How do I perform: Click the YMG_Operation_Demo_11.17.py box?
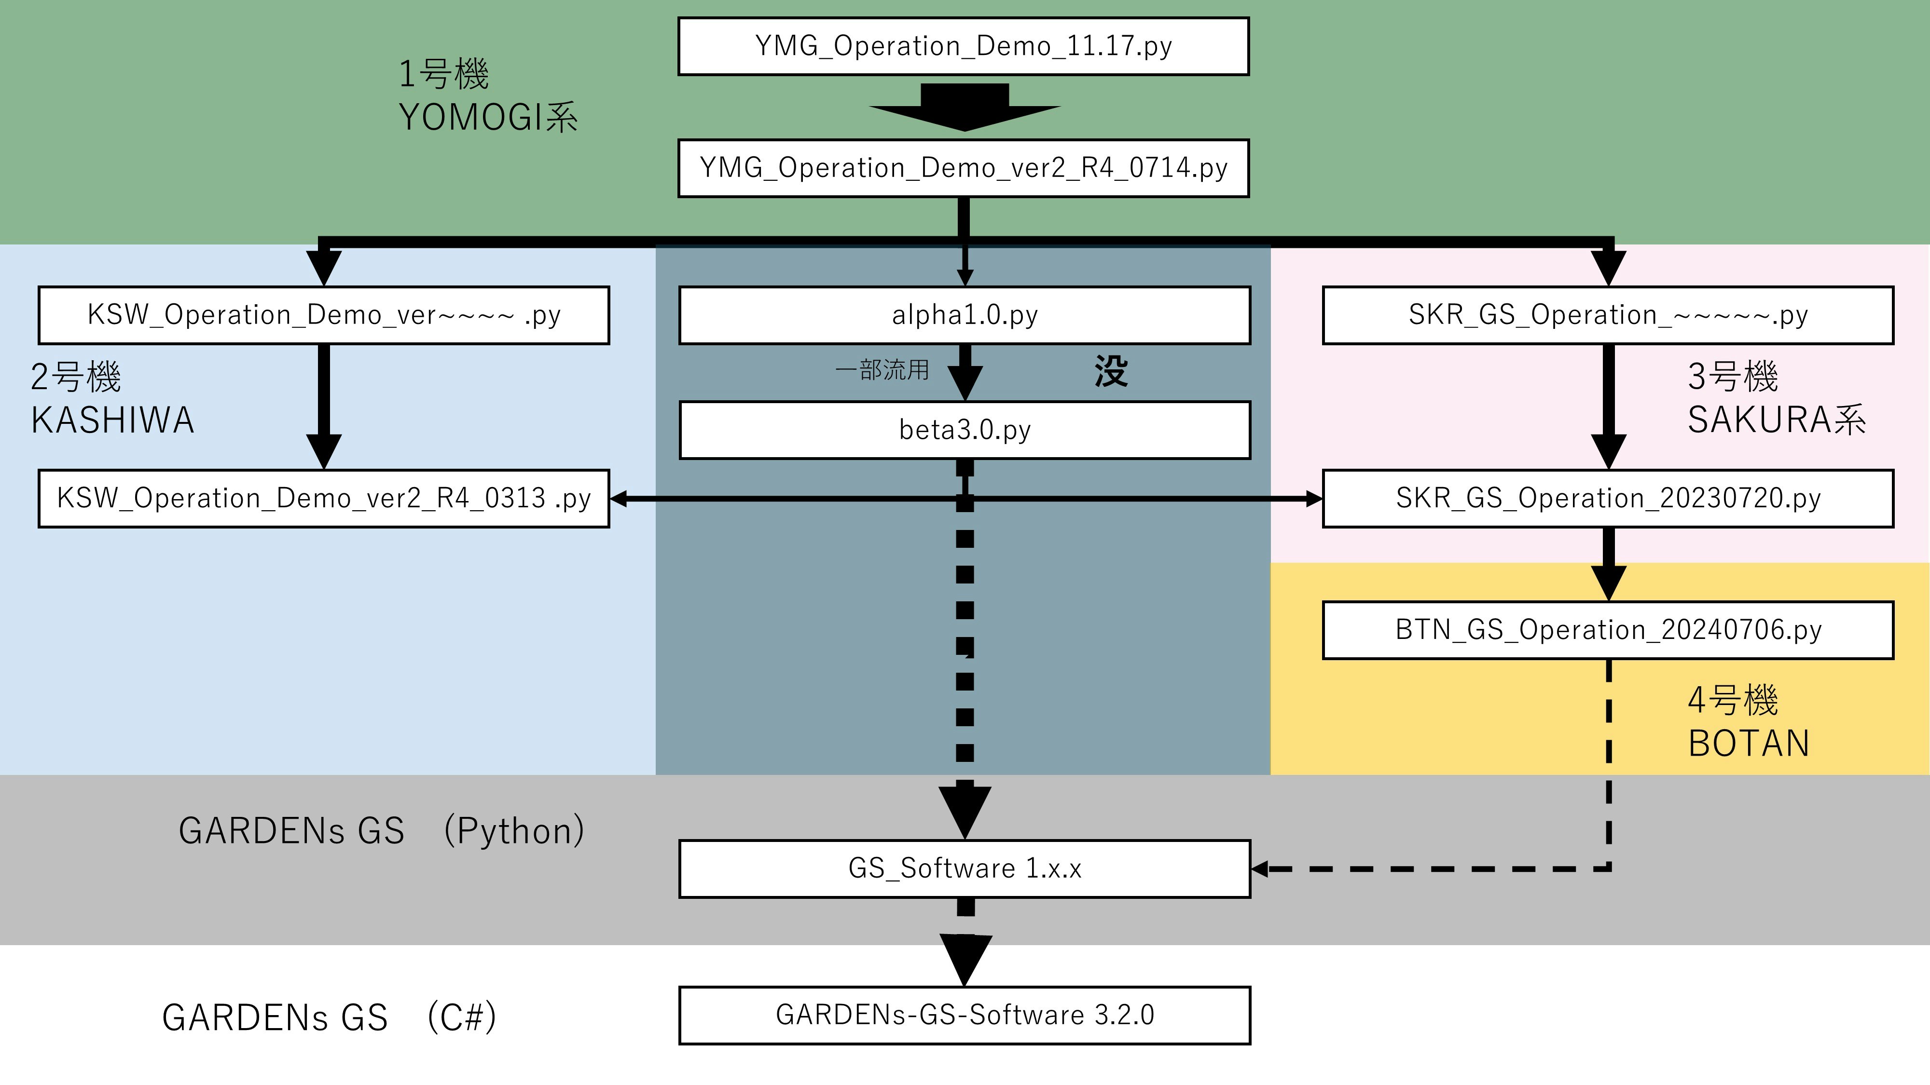point(964,46)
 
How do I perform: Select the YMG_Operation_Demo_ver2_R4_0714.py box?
point(964,168)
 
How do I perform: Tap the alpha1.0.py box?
point(964,315)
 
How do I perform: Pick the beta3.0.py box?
point(964,430)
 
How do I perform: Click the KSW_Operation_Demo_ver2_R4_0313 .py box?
point(324,499)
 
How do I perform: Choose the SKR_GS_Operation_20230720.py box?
point(1608,499)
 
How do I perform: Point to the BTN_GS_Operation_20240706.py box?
point(1608,630)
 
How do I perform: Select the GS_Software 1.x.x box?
point(964,868)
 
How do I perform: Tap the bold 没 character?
point(1110,371)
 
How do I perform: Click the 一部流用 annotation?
point(882,370)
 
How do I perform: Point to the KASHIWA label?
point(112,420)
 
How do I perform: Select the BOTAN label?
point(1749,744)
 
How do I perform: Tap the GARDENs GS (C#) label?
point(329,1017)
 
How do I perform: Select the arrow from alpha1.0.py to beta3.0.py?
point(965,372)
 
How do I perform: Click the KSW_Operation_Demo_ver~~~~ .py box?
point(324,315)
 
